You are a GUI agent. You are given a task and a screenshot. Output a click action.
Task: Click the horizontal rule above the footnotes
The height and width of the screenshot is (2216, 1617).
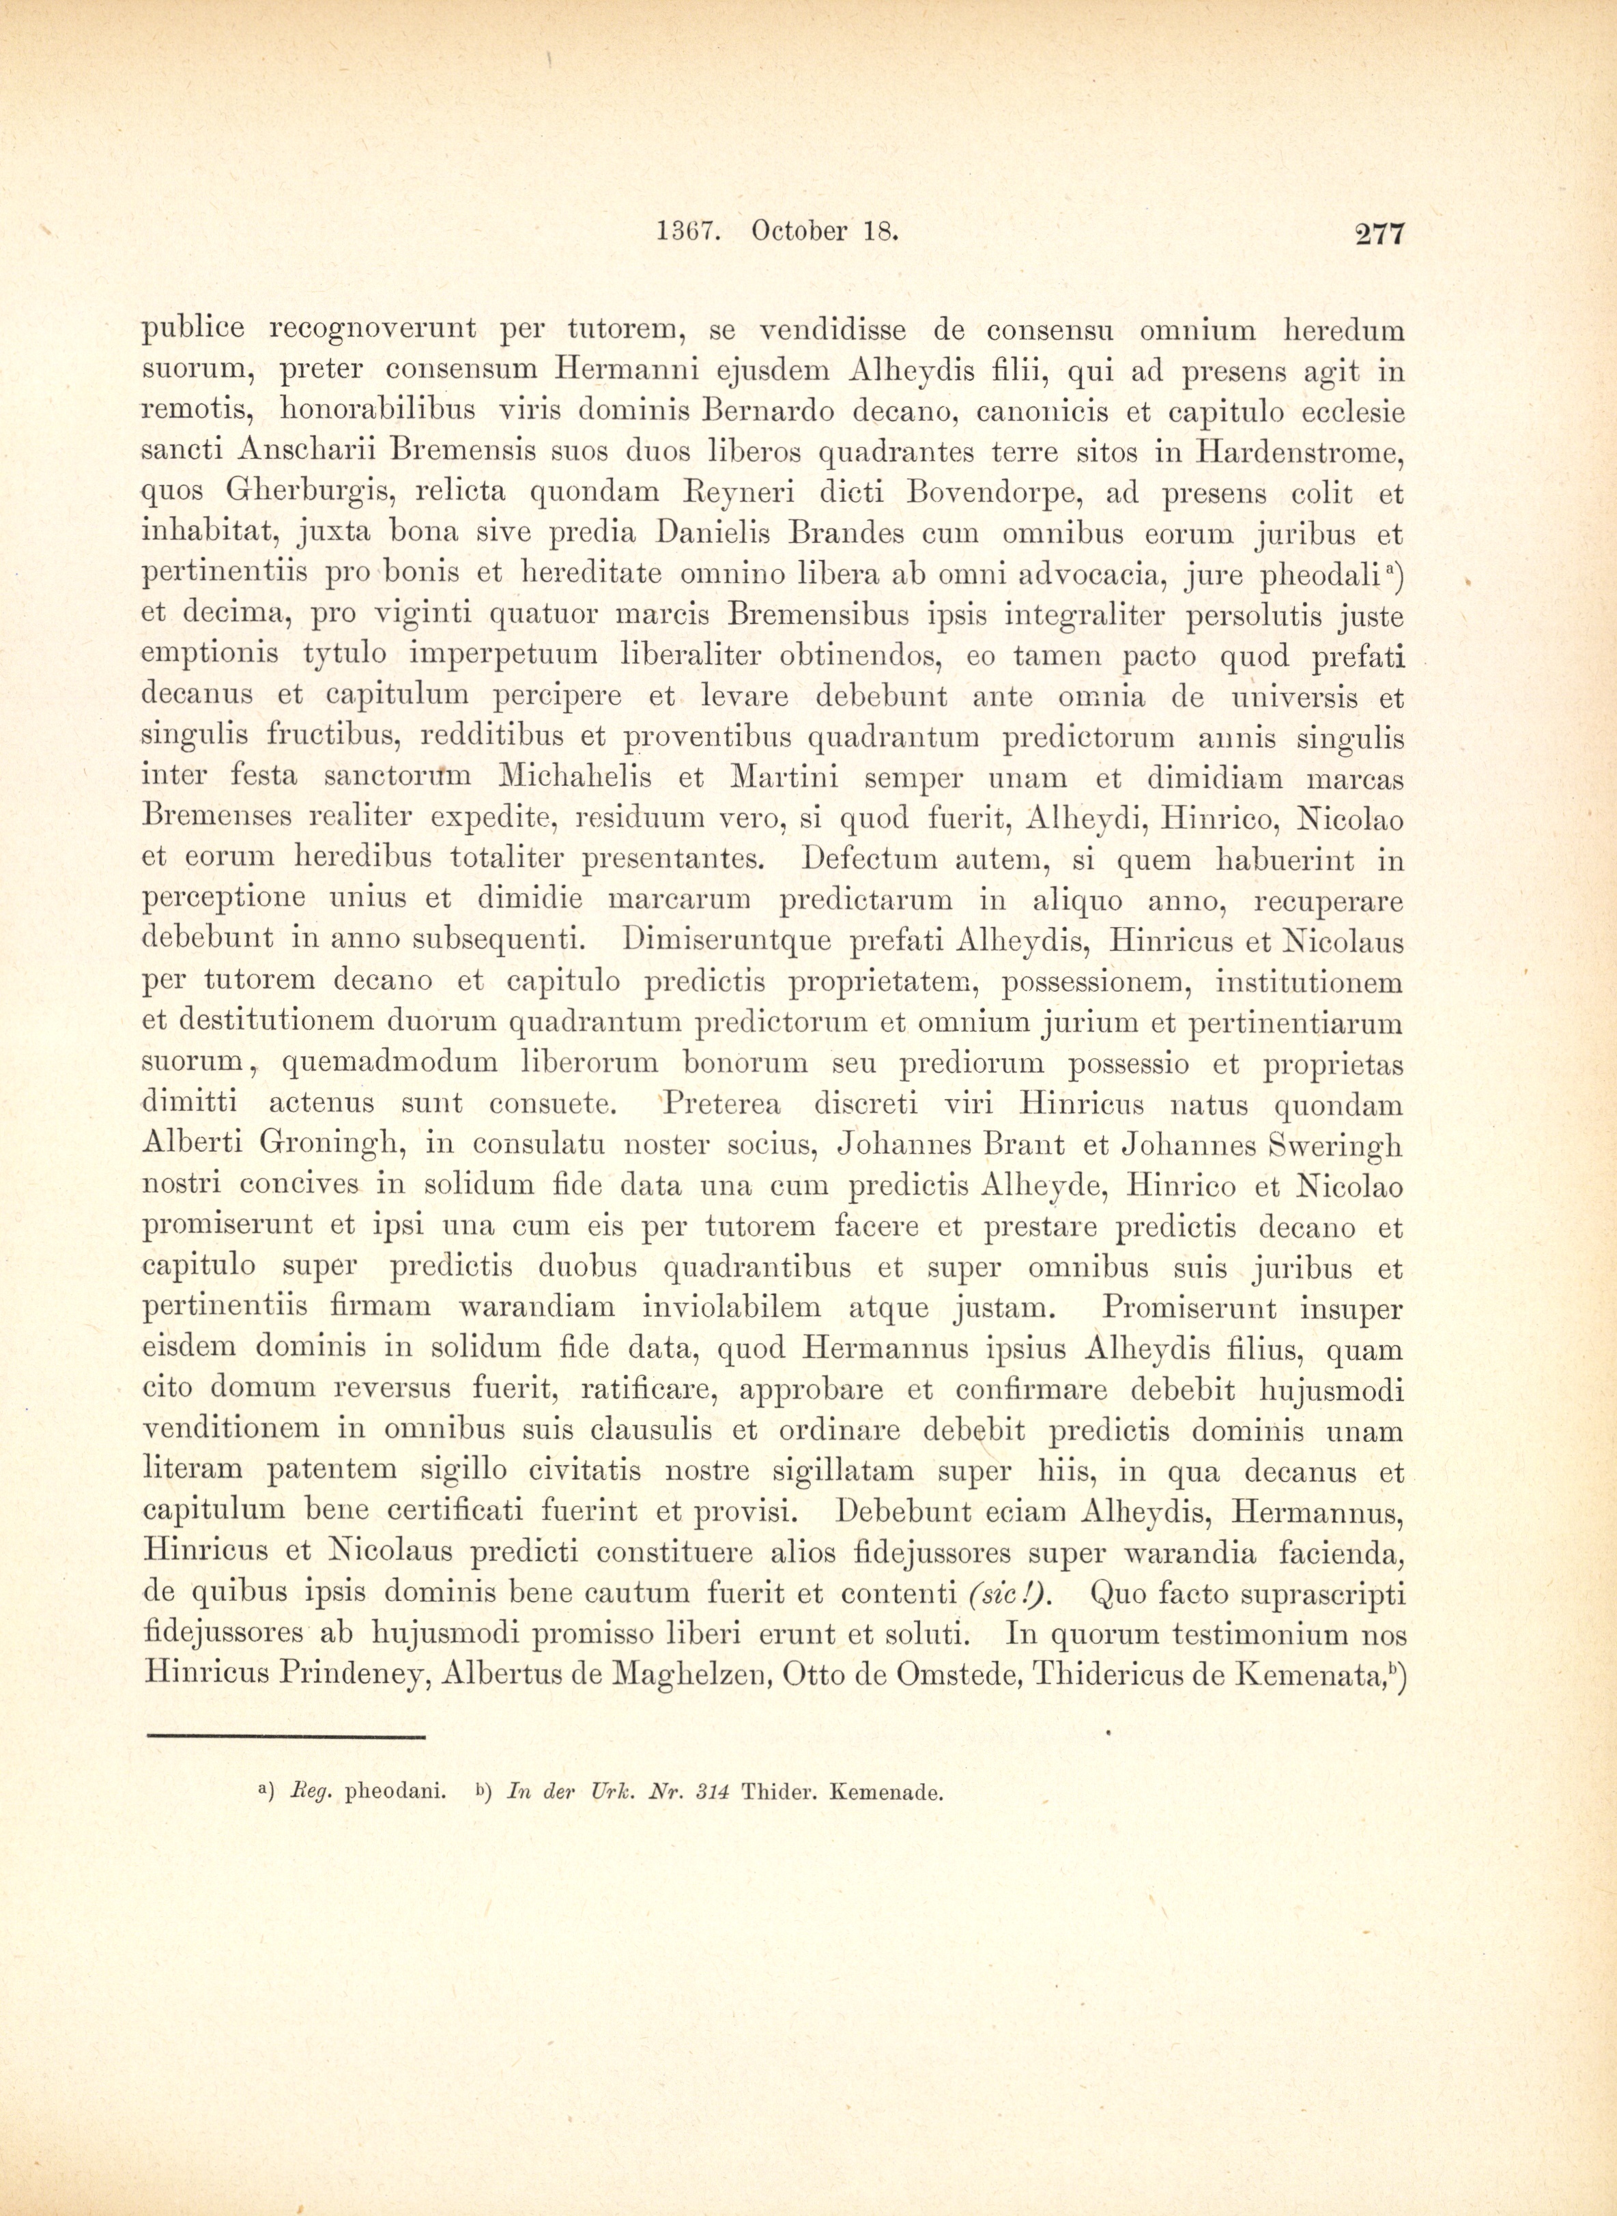(x=284, y=1737)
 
